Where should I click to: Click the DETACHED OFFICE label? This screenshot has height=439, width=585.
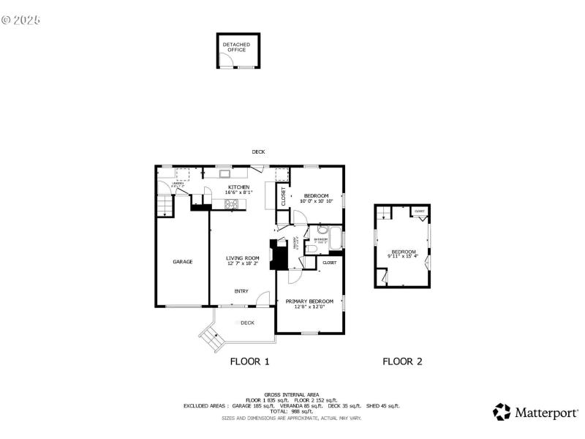pyautogui.click(x=236, y=47)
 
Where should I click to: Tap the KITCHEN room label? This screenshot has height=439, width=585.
pyautogui.click(x=238, y=187)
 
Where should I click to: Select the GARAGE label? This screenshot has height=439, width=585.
pyautogui.click(x=182, y=261)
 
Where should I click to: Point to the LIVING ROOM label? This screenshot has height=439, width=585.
pyautogui.click(x=242, y=258)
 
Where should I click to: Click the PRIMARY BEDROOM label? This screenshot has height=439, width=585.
pyautogui.click(x=309, y=301)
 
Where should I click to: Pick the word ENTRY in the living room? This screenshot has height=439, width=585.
pyautogui.click(x=241, y=291)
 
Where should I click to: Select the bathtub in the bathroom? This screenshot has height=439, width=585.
pyautogui.click(x=336, y=239)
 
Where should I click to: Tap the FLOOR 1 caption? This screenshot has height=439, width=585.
pyautogui.click(x=250, y=361)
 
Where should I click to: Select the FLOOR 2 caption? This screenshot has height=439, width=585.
pyautogui.click(x=402, y=361)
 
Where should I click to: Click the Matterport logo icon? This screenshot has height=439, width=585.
pyautogui.click(x=502, y=412)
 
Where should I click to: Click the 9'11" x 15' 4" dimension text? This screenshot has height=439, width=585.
pyautogui.click(x=403, y=256)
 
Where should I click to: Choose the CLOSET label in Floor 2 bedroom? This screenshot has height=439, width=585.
pyautogui.click(x=419, y=211)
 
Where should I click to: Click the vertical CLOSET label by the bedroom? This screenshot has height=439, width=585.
pyautogui.click(x=284, y=197)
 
